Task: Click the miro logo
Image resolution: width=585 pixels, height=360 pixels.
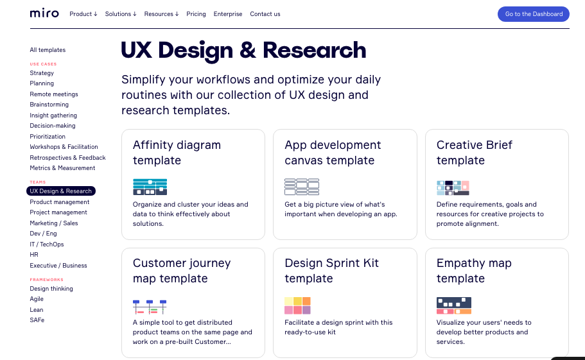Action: tap(44, 13)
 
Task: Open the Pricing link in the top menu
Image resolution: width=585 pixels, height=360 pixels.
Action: tap(196, 14)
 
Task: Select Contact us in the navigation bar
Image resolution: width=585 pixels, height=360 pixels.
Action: tap(265, 14)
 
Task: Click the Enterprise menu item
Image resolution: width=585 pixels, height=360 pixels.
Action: tap(227, 14)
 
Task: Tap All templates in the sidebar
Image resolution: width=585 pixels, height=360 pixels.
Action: tap(48, 50)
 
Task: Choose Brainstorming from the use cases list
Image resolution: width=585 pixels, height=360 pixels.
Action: tap(49, 105)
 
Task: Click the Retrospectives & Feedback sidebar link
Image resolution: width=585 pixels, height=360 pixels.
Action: tap(67, 158)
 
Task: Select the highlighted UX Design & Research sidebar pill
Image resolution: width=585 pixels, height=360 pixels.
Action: tap(61, 191)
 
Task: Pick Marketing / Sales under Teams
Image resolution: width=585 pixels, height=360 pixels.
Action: tap(54, 223)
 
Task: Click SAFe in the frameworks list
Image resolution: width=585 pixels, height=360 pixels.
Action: tap(37, 320)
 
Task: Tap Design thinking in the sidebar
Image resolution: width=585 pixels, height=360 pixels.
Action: tap(51, 288)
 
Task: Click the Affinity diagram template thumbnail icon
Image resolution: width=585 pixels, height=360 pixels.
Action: tap(150, 187)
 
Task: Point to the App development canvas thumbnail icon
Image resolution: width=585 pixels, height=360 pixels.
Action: tap(302, 187)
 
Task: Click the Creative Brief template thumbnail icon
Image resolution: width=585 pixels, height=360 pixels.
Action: tap(453, 188)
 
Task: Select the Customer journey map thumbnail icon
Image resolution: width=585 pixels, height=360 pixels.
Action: tap(150, 306)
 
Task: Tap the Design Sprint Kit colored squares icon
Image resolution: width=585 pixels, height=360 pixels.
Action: tap(297, 305)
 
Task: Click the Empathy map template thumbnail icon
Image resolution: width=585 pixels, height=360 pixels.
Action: tap(453, 305)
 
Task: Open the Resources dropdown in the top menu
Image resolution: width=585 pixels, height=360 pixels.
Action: tap(161, 14)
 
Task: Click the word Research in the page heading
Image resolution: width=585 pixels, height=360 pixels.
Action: tap(314, 50)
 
